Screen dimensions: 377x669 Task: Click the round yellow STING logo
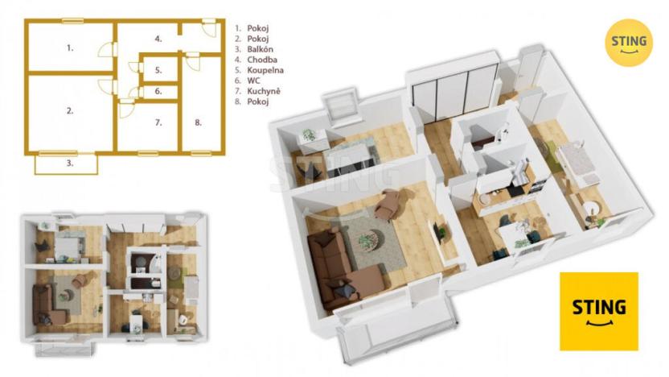point(628,42)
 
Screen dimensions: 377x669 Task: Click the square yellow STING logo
point(599,311)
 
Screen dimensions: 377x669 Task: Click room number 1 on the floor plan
point(70,48)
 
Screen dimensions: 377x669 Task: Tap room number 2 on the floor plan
point(70,111)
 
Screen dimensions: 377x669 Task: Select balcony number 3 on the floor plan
point(69,164)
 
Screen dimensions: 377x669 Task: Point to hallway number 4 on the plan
point(158,38)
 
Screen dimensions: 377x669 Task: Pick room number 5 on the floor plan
point(158,70)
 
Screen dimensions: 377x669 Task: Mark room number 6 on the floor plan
point(158,91)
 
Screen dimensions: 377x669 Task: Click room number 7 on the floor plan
point(158,122)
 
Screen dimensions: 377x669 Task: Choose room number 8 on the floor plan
point(198,122)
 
